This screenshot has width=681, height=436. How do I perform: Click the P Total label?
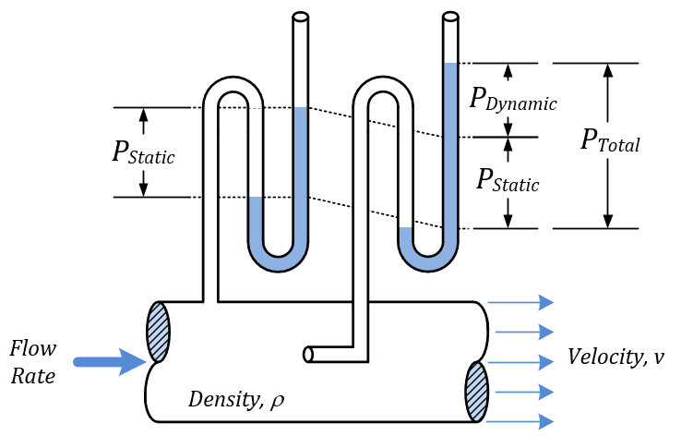pyautogui.click(x=610, y=140)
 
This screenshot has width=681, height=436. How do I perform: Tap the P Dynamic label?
pyautogui.click(x=513, y=100)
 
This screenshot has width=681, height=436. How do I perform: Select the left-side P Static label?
pyautogui.click(x=143, y=152)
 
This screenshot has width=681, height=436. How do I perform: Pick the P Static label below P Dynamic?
pyautogui.click(x=508, y=180)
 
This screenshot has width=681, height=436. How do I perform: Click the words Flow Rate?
pyautogui.click(x=33, y=362)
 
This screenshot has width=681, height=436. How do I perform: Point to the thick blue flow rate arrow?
pyautogui.click(x=110, y=362)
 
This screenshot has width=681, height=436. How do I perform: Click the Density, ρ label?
pyautogui.click(x=236, y=399)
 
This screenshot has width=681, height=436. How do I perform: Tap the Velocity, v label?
pyautogui.click(x=615, y=357)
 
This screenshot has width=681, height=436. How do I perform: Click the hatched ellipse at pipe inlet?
pyautogui.click(x=159, y=332)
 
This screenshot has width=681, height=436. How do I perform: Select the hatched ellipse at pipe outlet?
pyautogui.click(x=477, y=392)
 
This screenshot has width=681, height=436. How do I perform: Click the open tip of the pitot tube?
pyautogui.click(x=308, y=355)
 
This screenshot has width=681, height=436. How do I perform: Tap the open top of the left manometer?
pyautogui.click(x=301, y=17)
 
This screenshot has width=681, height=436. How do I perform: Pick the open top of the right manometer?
pyautogui.click(x=451, y=17)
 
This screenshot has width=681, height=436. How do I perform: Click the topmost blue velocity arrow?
pyautogui.click(x=520, y=302)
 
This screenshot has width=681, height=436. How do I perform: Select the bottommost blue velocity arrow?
pyautogui.click(x=520, y=421)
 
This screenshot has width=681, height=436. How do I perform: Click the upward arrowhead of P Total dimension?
pyautogui.click(x=608, y=70)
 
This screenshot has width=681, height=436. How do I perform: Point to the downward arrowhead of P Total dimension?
pyautogui.click(x=608, y=222)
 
